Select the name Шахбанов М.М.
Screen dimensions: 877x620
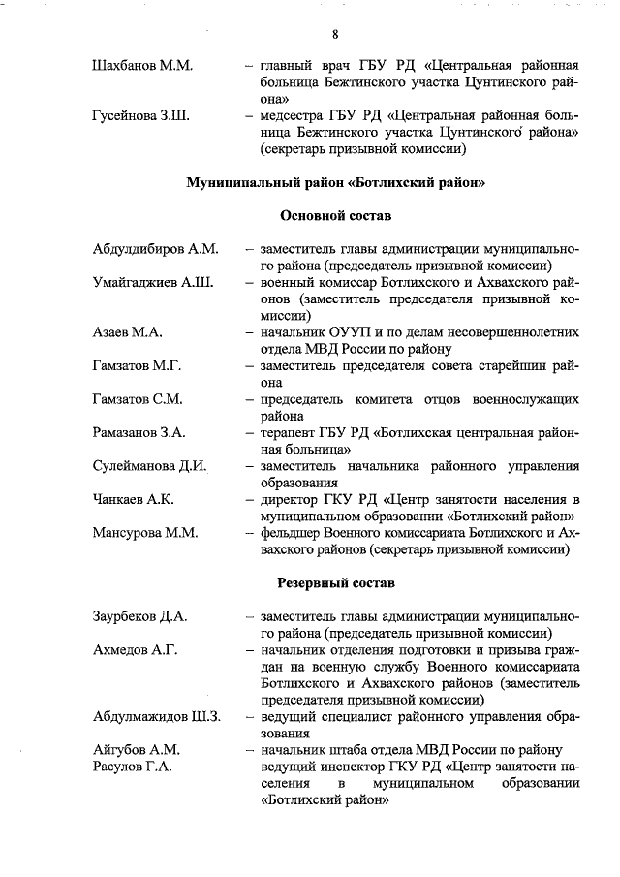pos(141,66)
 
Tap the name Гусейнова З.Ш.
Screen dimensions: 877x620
pos(139,116)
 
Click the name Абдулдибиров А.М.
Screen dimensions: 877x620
pos(155,249)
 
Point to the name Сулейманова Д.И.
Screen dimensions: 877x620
pos(150,465)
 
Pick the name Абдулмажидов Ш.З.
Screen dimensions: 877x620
pos(157,716)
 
